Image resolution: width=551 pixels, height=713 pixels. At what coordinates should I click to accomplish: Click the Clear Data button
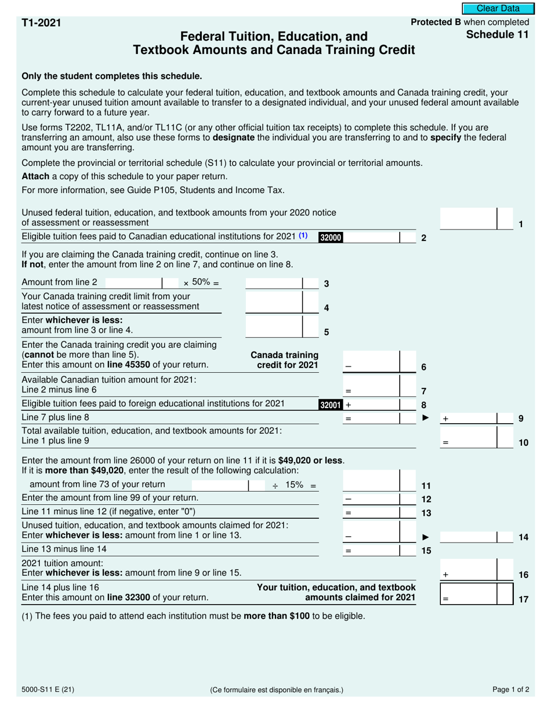tap(498, 9)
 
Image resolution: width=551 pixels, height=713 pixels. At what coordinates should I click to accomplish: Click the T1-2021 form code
tap(41, 23)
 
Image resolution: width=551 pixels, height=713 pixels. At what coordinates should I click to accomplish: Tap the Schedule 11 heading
tap(498, 35)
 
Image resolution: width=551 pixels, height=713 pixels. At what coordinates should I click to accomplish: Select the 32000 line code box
tap(331, 237)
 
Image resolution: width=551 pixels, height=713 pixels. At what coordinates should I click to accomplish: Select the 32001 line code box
tap(331, 405)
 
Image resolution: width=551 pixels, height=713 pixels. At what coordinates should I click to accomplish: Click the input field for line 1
tap(469, 219)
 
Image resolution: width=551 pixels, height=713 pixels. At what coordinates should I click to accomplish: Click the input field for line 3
tap(274, 283)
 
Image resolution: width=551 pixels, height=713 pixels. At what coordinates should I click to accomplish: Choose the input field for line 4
tap(274, 302)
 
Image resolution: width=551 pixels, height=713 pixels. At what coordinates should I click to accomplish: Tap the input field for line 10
tap(469, 438)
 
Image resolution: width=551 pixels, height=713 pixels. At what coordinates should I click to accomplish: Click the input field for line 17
tap(469, 594)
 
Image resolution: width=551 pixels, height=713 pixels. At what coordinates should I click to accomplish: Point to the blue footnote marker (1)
tap(303, 236)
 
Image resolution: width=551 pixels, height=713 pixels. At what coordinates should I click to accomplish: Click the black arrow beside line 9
tap(426, 417)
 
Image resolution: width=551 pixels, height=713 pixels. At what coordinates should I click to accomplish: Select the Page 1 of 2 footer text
tap(510, 690)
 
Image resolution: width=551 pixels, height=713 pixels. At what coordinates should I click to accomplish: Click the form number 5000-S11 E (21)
tap(48, 690)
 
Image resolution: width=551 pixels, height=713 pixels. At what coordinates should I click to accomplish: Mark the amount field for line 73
tap(219, 485)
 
